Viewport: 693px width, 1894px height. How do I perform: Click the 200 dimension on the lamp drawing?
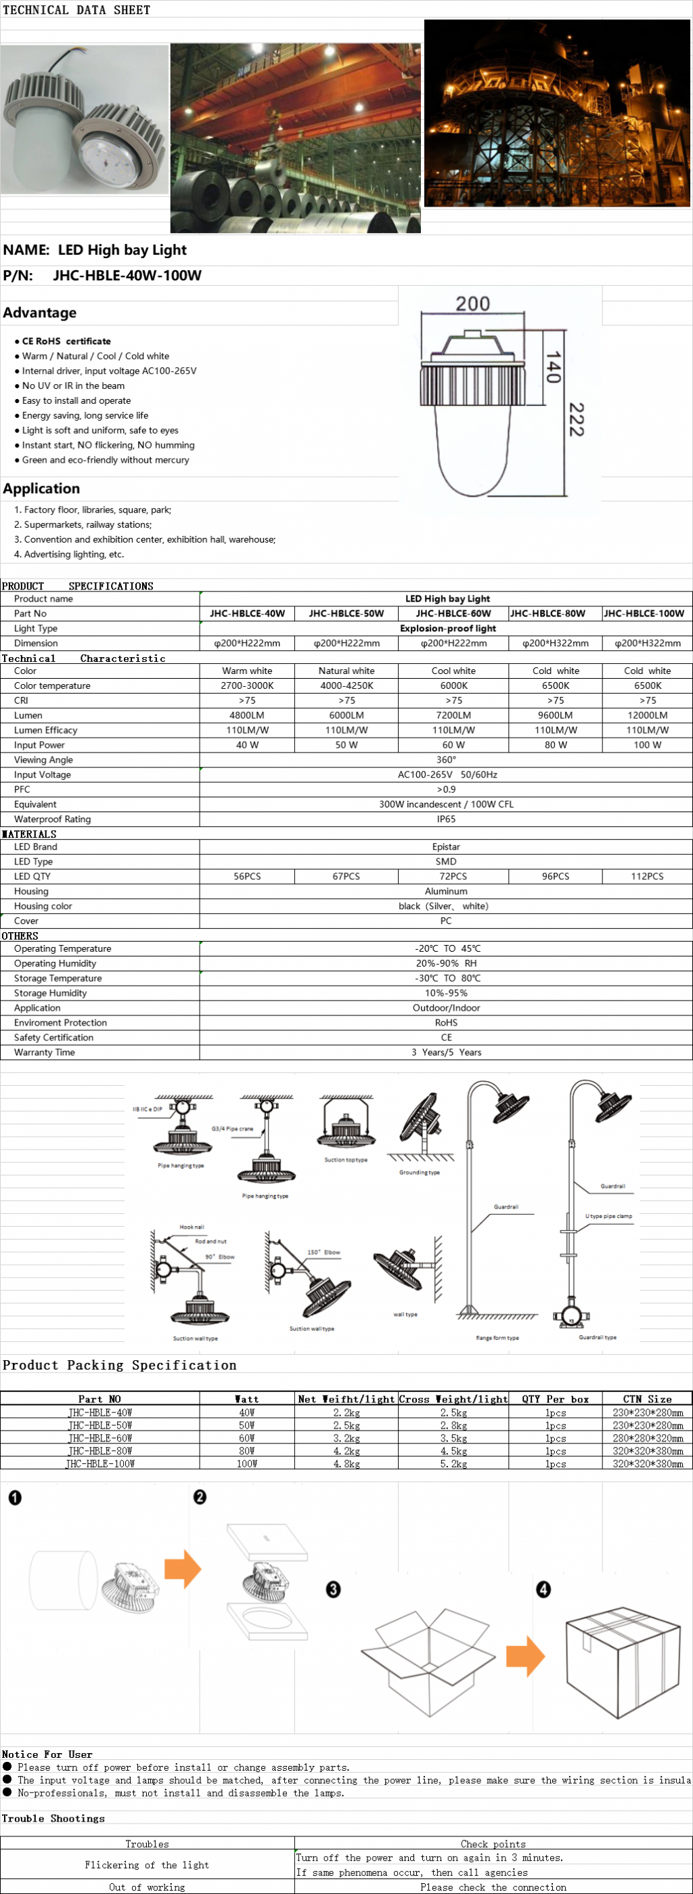pyautogui.click(x=472, y=303)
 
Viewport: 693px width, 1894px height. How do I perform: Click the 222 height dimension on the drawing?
pyautogui.click(x=577, y=420)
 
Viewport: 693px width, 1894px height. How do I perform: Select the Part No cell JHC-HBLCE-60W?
pyautogui.click(x=453, y=613)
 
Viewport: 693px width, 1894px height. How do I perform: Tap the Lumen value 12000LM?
pyautogui.click(x=647, y=715)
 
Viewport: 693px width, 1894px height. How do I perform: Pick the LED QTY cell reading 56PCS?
pyautogui.click(x=247, y=877)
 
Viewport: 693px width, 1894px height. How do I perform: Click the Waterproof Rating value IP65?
pyautogui.click(x=446, y=819)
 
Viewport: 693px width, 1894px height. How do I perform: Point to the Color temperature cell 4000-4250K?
pyautogui.click(x=346, y=686)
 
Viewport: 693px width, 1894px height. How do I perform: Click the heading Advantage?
pyautogui.click(x=40, y=312)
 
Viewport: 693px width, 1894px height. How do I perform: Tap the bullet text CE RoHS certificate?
pyautogui.click(x=66, y=341)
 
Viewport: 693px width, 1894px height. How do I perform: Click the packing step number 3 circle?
pyautogui.click(x=333, y=1590)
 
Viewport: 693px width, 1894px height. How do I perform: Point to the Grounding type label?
pyautogui.click(x=419, y=1173)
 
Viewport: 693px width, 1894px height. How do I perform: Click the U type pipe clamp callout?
pyautogui.click(x=608, y=1216)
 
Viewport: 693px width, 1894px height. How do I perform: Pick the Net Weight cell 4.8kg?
pyautogui.click(x=346, y=1464)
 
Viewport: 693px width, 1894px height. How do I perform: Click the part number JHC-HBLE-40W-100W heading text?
pyautogui.click(x=127, y=276)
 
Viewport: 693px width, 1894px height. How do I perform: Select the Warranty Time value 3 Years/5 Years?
pyautogui.click(x=446, y=1052)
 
